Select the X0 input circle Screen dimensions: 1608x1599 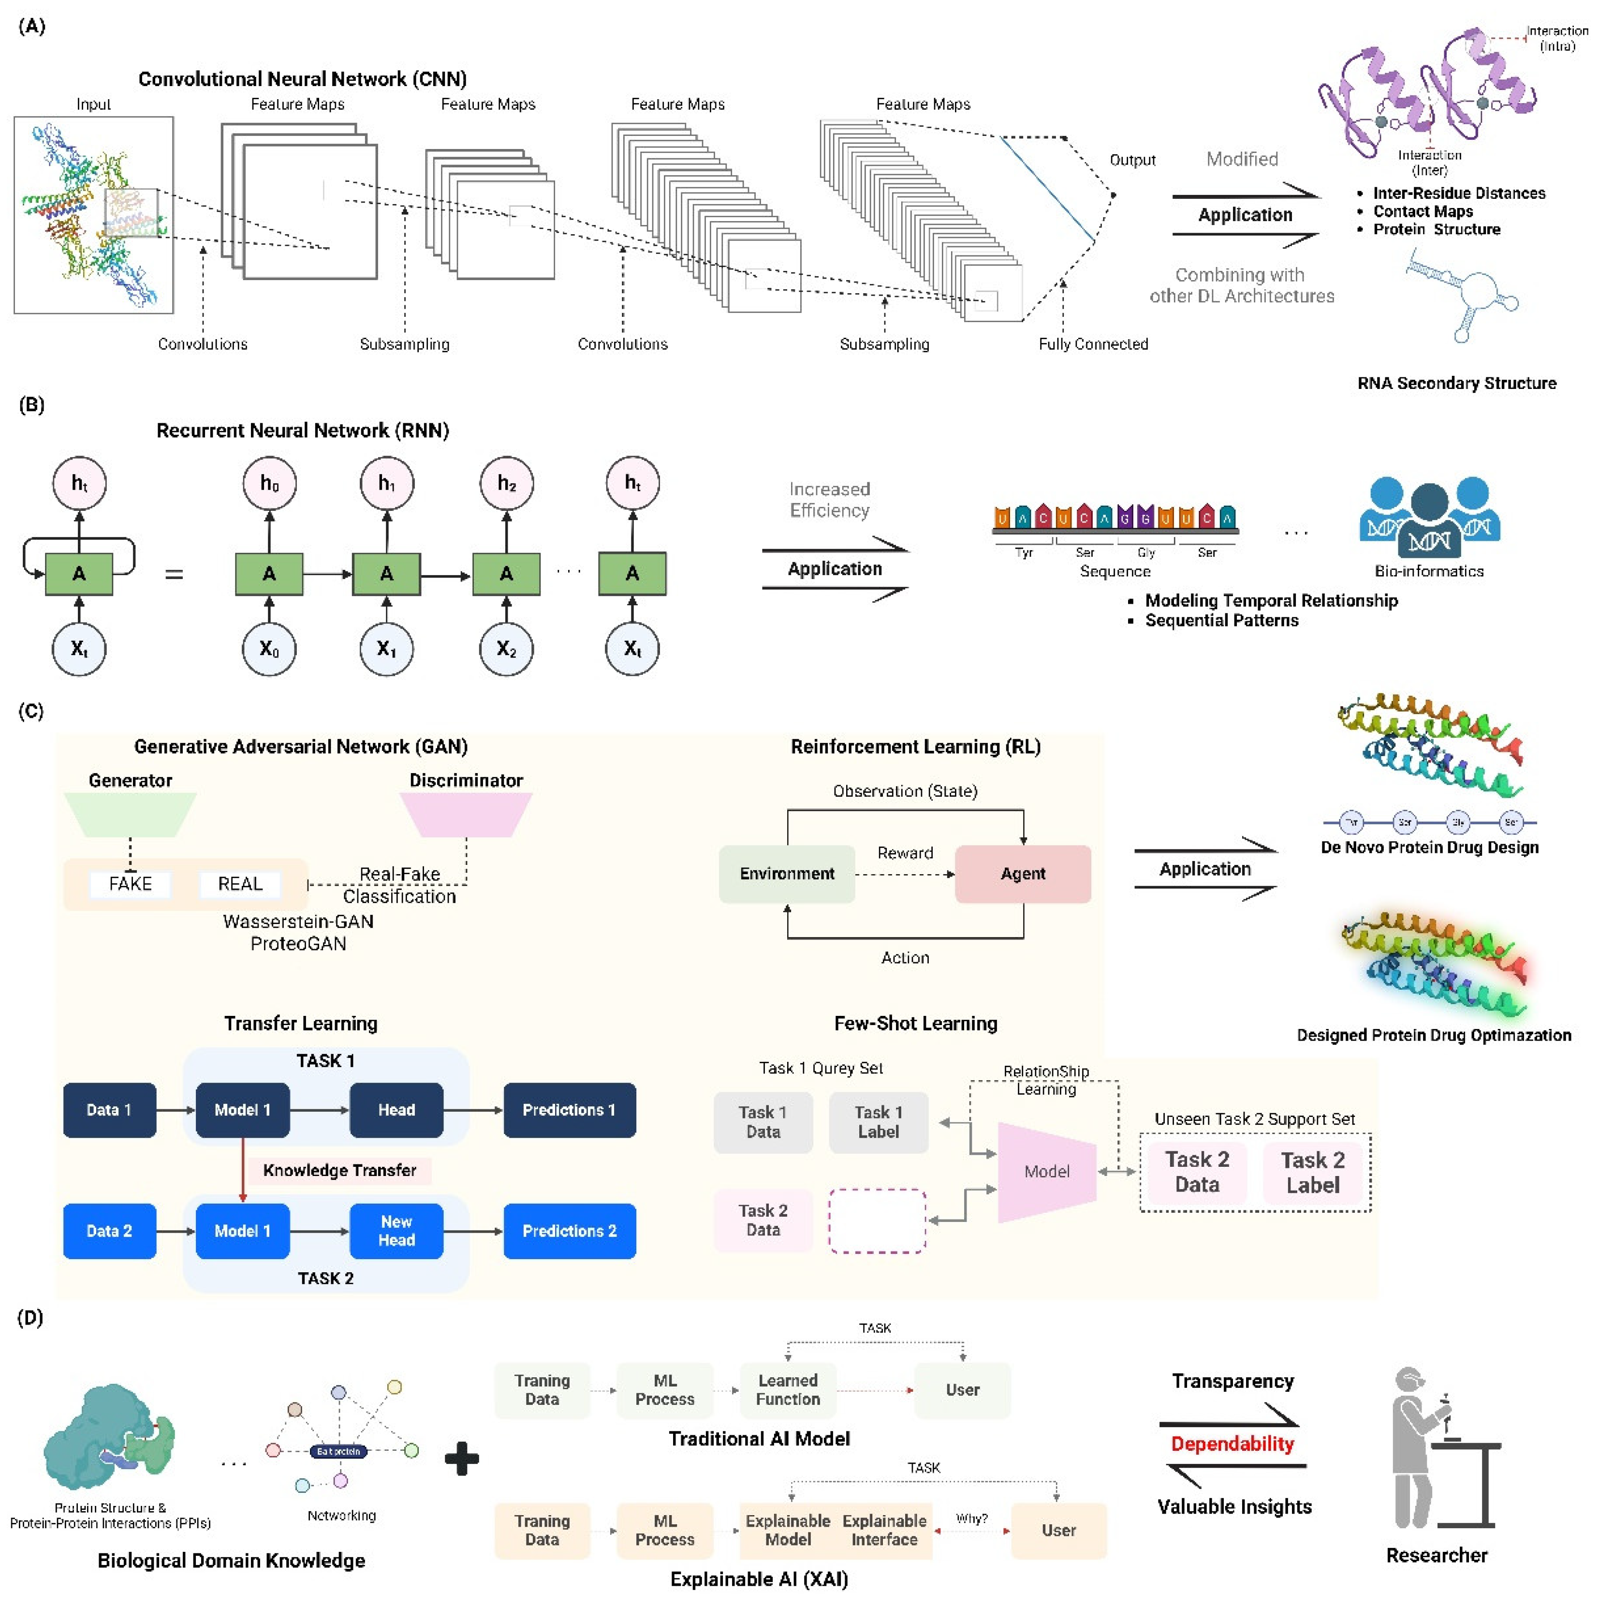[269, 648]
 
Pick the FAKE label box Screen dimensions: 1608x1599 [131, 884]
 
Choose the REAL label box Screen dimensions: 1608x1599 [240, 884]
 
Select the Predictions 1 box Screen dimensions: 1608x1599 [569, 1109]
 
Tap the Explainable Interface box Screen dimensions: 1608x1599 [884, 1530]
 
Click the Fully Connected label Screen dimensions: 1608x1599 [1092, 344]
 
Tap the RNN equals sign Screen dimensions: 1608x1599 [174, 574]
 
